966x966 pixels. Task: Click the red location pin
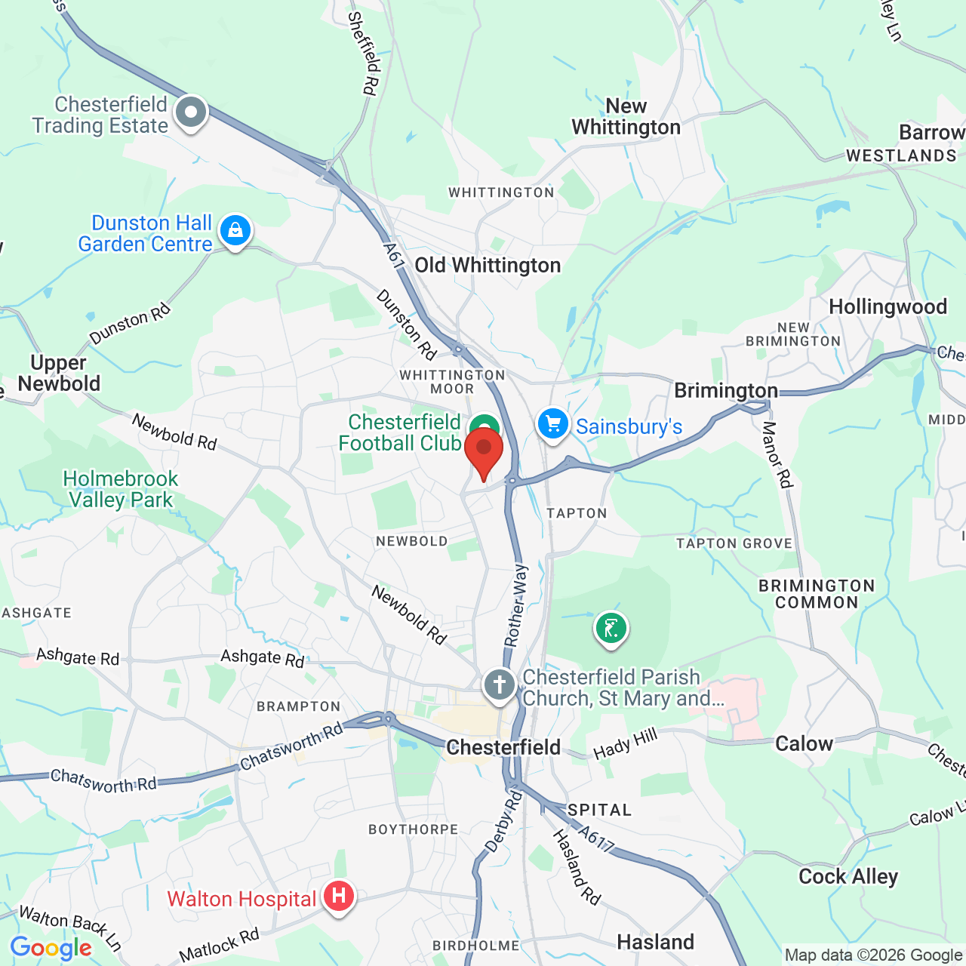pyautogui.click(x=484, y=451)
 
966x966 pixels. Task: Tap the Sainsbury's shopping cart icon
pyautogui.click(x=553, y=423)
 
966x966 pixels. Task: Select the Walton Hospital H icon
pyautogui.click(x=339, y=897)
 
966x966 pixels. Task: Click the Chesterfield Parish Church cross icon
pyautogui.click(x=500, y=685)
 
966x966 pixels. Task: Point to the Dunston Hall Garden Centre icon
pyautogui.click(x=235, y=230)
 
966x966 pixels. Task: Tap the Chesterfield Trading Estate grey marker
pyautogui.click(x=191, y=113)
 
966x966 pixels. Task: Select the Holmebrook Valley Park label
pyautogui.click(x=121, y=489)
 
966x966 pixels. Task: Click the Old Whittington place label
pyautogui.click(x=488, y=266)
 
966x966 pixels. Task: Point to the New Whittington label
pyautogui.click(x=626, y=117)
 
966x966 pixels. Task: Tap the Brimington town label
pyautogui.click(x=725, y=390)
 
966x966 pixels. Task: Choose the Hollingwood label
pyautogui.click(x=888, y=307)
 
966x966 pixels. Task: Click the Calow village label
pyautogui.click(x=804, y=743)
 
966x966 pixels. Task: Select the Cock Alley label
pyautogui.click(x=848, y=876)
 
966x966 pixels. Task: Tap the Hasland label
pyautogui.click(x=655, y=942)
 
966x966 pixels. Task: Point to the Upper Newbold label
pyautogui.click(x=59, y=373)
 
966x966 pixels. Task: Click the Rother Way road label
pyautogui.click(x=517, y=605)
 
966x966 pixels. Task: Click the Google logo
pyautogui.click(x=51, y=948)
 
